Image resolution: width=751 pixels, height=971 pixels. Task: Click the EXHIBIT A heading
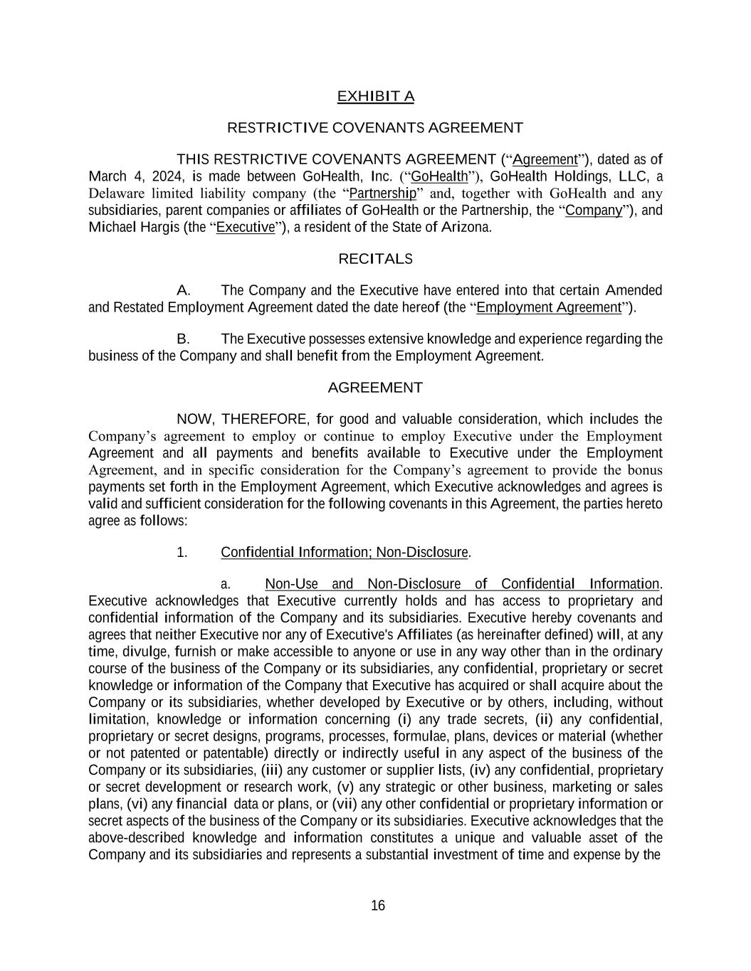(375, 96)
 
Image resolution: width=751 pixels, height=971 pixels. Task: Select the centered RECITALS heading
(375, 259)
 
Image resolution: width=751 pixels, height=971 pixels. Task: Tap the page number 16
(378, 906)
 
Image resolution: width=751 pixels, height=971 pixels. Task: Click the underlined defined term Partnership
(383, 193)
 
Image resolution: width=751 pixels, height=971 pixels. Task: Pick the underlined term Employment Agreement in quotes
(549, 307)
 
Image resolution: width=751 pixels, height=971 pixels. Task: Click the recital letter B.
(183, 339)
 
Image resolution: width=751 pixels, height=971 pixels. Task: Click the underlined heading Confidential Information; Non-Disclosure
(345, 553)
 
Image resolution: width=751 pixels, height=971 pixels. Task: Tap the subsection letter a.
(225, 584)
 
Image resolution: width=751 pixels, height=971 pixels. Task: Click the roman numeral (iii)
(271, 770)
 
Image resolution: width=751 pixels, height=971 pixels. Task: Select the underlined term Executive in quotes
(245, 228)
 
